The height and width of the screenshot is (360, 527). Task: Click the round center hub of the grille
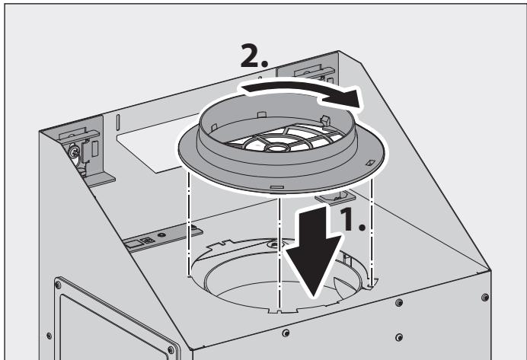pyautogui.click(x=271, y=145)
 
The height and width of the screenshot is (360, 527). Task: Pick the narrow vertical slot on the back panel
pyautogui.click(x=117, y=121)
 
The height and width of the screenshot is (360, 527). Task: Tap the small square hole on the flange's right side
pyautogui.click(x=369, y=162)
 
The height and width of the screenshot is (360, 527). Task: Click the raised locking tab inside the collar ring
pyautogui.click(x=324, y=119)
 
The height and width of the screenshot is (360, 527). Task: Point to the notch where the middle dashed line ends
pyautogui.click(x=281, y=310)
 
